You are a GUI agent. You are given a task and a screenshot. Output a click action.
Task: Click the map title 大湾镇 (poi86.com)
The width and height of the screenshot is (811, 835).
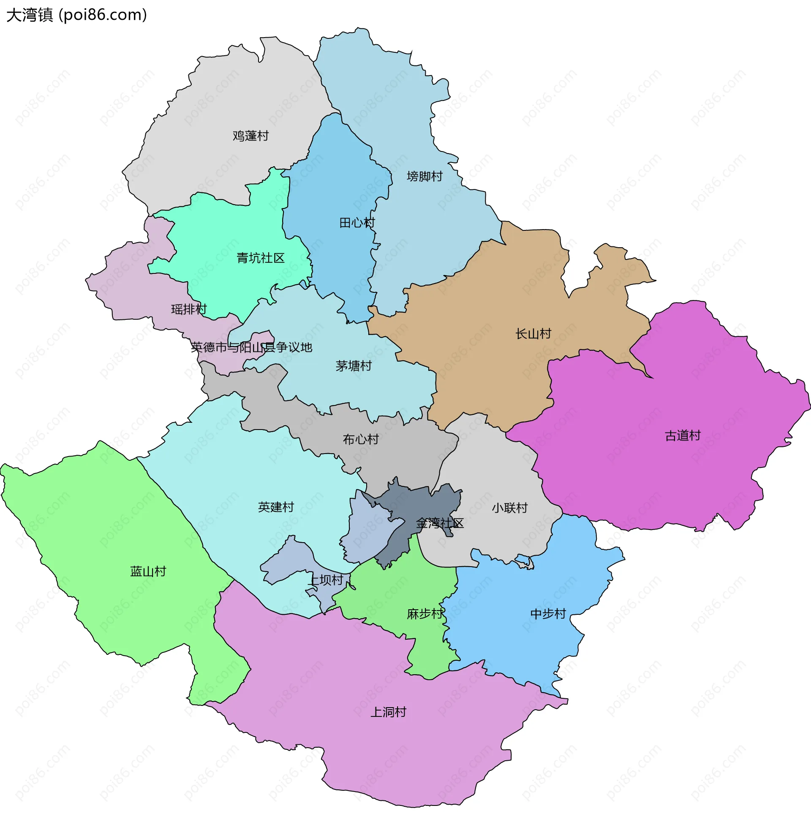pos(77,15)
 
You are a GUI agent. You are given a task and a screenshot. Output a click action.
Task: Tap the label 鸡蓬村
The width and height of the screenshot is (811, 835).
pos(251,136)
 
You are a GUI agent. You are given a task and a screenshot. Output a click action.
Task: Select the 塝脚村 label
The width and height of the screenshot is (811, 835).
pos(425,176)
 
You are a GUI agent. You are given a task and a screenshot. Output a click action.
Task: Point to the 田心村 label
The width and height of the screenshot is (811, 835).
pos(357,222)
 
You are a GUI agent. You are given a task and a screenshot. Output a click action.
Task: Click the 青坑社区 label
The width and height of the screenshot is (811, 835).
pos(261,258)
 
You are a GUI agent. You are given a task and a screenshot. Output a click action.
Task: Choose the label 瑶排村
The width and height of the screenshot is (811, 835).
pos(189,309)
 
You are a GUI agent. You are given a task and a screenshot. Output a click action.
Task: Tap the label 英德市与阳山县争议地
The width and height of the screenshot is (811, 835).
pos(252,347)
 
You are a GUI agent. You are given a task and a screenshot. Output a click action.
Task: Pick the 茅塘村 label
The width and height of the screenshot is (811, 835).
pos(354,365)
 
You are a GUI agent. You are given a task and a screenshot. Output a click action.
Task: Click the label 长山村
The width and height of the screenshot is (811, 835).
pos(533,334)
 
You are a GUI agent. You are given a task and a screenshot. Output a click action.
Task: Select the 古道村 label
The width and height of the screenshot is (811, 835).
pos(683,435)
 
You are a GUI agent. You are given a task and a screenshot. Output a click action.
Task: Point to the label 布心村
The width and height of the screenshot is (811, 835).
pos(361,439)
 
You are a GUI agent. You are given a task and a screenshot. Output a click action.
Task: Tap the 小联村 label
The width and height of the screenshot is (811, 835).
pos(509,508)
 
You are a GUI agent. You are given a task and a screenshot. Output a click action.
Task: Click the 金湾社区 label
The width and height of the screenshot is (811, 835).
pos(440,523)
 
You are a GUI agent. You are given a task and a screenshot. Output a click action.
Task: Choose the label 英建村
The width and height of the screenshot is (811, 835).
pos(276,507)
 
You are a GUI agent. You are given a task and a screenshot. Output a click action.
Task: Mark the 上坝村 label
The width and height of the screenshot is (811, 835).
pos(325,580)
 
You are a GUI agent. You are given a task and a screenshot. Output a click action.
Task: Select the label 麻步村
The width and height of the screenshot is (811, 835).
pos(425,614)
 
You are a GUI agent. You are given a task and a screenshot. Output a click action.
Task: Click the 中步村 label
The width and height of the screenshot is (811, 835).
pos(548,614)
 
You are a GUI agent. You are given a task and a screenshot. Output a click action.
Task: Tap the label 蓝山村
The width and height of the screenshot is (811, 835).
pos(148,571)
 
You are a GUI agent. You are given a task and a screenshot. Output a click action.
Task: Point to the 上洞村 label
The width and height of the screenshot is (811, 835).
pos(388,712)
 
